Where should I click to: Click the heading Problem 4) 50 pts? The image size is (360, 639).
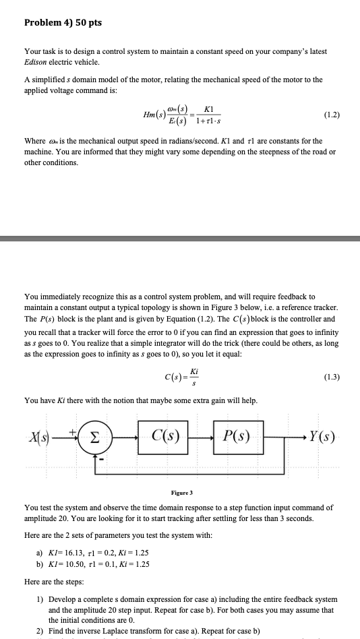pyautogui.click(x=63, y=23)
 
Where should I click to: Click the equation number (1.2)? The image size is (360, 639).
pyautogui.click(x=331, y=115)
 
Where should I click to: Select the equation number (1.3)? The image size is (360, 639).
pyautogui.click(x=332, y=376)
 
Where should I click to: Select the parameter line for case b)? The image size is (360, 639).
pyautogui.click(x=96, y=565)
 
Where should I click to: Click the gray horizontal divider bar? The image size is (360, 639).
pyautogui.click(x=180, y=237)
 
